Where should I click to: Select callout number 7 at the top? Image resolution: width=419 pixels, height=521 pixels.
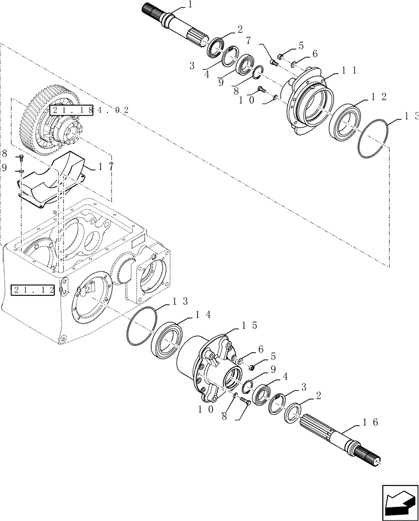click(x=249, y=40)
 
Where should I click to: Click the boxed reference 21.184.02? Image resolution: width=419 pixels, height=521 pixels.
click(x=71, y=110)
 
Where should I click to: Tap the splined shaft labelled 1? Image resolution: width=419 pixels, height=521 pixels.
click(x=177, y=27)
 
